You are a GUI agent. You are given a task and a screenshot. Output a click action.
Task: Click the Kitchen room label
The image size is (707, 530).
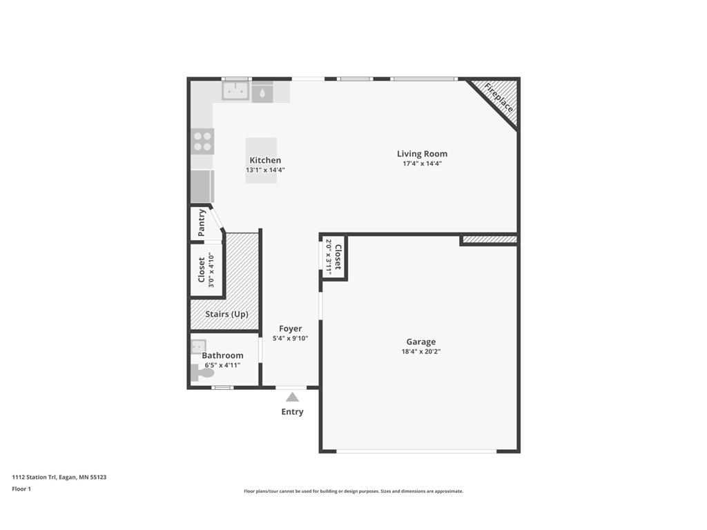tap(265, 160)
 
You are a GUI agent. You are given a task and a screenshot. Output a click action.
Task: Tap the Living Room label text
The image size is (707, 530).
tap(422, 154)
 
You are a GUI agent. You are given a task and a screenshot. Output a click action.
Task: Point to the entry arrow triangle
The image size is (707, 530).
tap(292, 397)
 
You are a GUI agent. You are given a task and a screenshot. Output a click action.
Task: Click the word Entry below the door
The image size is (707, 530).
tap(292, 412)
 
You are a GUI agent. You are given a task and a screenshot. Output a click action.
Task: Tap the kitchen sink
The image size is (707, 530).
tap(235, 91)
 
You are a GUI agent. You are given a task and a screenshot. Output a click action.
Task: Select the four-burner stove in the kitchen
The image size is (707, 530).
tap(202, 141)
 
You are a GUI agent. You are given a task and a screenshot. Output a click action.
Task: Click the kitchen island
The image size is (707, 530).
tap(262, 160)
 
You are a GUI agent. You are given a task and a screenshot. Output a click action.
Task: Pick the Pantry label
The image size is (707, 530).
tap(202, 223)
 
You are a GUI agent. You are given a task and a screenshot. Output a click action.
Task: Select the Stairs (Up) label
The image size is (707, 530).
tap(226, 314)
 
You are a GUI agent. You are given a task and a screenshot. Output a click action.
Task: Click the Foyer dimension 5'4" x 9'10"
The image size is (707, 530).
tap(290, 338)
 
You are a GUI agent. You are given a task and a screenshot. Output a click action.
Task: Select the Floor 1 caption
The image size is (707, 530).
tap(21, 489)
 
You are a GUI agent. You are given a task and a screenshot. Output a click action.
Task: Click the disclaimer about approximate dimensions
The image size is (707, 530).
tap(353, 491)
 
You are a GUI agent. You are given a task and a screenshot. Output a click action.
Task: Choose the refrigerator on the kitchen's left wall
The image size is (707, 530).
tap(202, 186)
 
